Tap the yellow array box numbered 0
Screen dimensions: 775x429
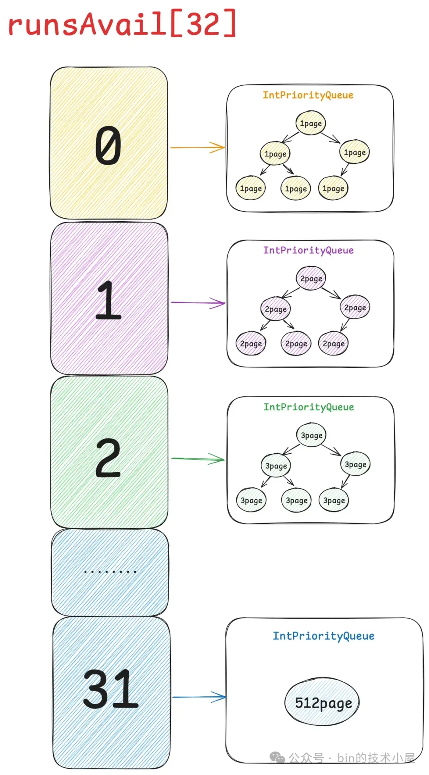[108, 143]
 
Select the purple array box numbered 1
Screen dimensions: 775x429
[109, 298]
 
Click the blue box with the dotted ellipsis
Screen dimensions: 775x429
[110, 572]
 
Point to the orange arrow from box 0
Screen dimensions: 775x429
[197, 147]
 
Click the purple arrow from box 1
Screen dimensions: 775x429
[198, 303]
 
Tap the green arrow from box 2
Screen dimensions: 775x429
[198, 459]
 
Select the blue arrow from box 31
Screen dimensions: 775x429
[199, 697]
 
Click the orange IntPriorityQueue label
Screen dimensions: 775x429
[308, 95]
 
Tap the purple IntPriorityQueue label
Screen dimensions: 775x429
[308, 250]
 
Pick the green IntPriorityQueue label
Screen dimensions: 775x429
[309, 407]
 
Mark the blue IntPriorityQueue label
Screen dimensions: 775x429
[323, 636]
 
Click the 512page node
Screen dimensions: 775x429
[322, 703]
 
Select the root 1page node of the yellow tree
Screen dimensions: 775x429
[311, 123]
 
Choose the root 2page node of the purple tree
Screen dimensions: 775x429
[311, 278]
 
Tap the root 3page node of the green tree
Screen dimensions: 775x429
[311, 435]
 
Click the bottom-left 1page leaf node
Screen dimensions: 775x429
[251, 188]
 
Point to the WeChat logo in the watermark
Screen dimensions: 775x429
[277, 758]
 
